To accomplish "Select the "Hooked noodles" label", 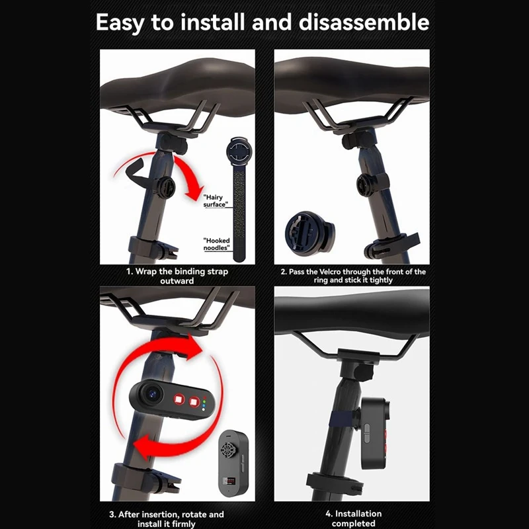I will click(216, 243).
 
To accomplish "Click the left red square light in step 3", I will click(178, 400).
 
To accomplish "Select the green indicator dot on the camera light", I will click(206, 399).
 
